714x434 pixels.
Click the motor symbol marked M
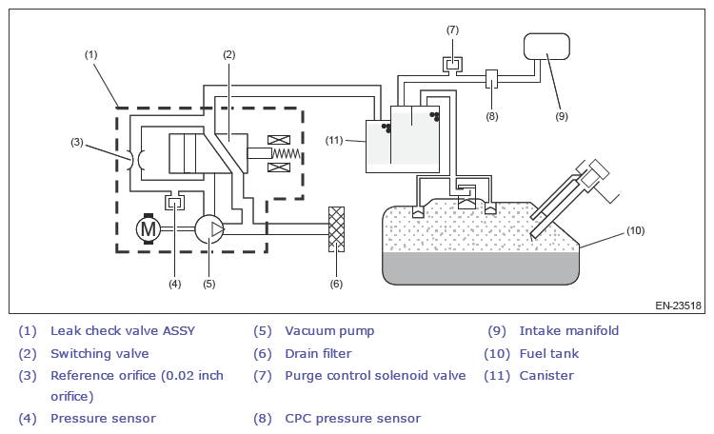149,228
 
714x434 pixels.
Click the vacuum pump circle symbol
209,229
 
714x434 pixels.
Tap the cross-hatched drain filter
336,229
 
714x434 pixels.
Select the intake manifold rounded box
546,47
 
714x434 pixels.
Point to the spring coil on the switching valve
286,153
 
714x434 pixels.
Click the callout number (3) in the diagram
77,142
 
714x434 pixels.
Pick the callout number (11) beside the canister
334,140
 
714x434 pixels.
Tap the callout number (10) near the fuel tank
636,230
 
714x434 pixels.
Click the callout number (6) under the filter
336,284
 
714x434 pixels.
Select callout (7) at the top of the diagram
452,30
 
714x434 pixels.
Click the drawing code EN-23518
679,306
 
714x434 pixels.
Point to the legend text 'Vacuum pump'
329,331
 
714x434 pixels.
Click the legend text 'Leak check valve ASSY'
123,331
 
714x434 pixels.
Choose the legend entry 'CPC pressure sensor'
353,419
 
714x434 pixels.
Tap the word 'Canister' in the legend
546,376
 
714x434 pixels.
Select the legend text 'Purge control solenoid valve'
375,376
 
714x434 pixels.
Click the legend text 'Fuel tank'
549,354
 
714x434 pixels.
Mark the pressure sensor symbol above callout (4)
175,201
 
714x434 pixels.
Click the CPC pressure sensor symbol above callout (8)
492,79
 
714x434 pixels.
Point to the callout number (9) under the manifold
562,116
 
